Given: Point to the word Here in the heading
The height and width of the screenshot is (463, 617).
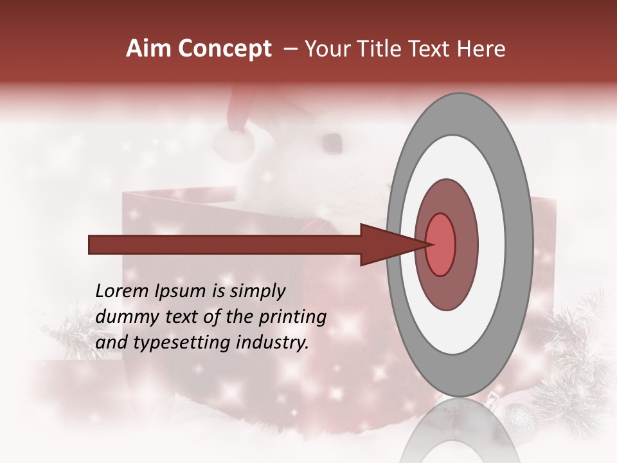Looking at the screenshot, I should click(x=482, y=49).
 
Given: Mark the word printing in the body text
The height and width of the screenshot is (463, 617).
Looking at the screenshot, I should click(x=293, y=317).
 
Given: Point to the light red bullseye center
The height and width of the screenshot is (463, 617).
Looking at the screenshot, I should click(x=441, y=244).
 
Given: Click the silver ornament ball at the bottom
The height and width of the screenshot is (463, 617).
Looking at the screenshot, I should click(x=518, y=421).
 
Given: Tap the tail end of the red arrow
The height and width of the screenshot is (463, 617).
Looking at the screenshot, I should click(x=91, y=244).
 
